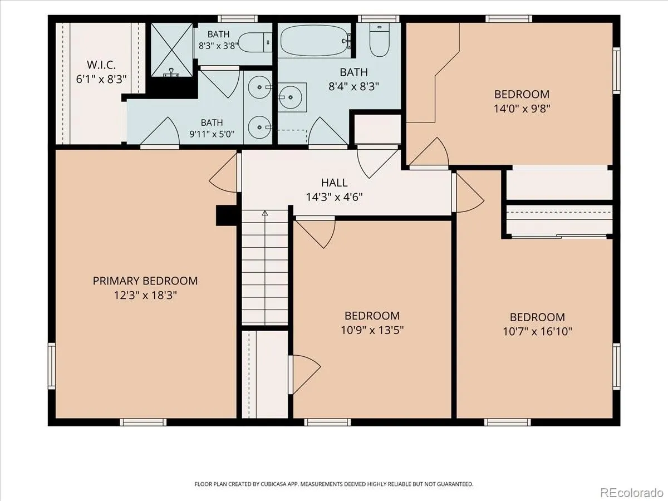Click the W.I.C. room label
[101, 65]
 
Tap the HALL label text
[334, 183]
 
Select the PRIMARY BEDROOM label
[145, 281]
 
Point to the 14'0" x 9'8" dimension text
[522, 109]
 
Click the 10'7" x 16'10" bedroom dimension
[537, 331]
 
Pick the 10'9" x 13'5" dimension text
[372, 330]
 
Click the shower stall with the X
[172, 50]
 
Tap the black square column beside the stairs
[226, 215]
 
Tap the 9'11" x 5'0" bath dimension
[212, 134]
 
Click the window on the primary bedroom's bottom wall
[143, 422]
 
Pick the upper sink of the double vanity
[259, 87]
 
